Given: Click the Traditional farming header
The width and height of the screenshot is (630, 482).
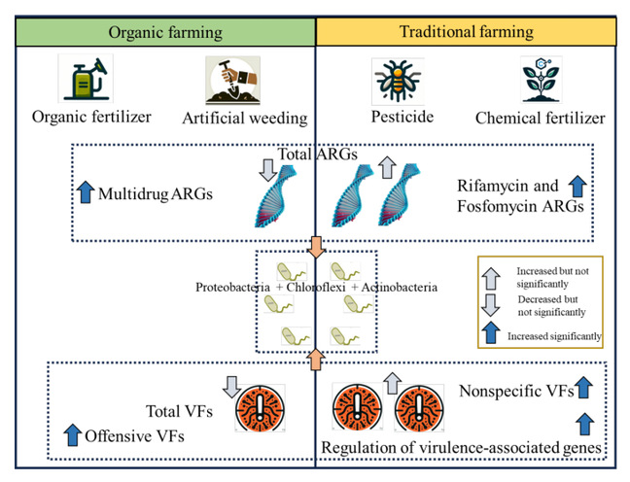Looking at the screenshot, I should coord(467,32).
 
